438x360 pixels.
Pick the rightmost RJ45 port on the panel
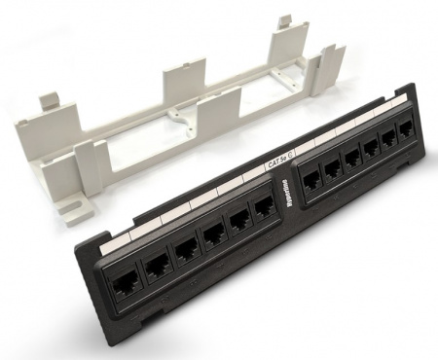[x=402, y=135]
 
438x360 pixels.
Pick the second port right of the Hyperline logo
[x=332, y=169]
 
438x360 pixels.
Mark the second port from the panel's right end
[x=387, y=142]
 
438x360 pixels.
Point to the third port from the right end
[x=371, y=150]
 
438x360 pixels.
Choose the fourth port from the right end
[x=352, y=159]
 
